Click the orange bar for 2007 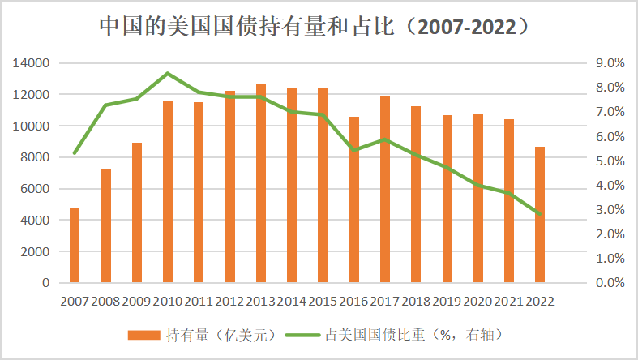click(x=75, y=245)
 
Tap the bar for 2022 click(x=539, y=215)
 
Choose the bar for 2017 click(x=384, y=190)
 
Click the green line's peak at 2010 click(x=168, y=73)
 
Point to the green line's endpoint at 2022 click(x=539, y=214)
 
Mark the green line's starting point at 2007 click(x=75, y=152)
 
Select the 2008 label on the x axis click(x=105, y=301)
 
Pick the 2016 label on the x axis click(x=353, y=301)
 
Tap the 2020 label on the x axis click(x=477, y=301)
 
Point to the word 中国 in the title click(x=114, y=27)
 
